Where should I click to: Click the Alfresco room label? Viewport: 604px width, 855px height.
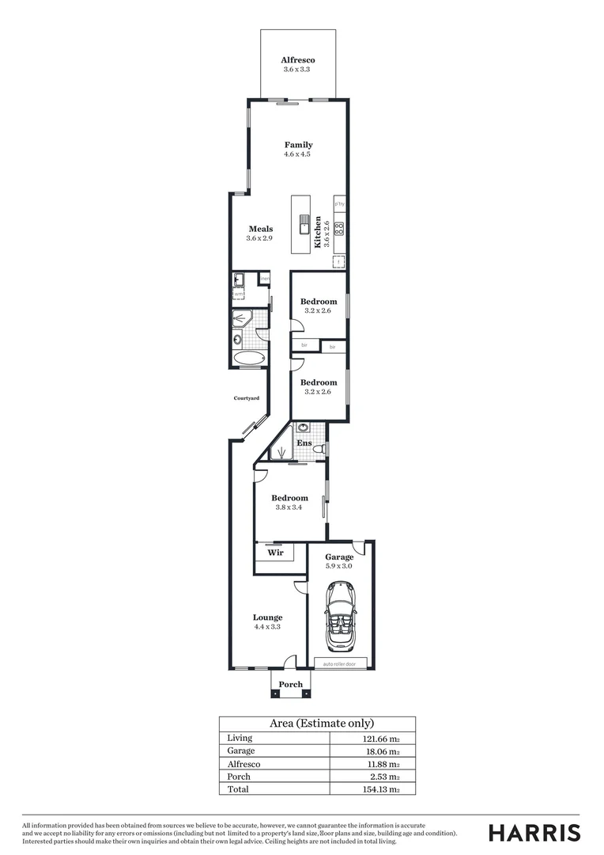pos(298,60)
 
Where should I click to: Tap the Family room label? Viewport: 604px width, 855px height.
pos(298,145)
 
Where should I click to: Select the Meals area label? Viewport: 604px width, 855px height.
pos(259,230)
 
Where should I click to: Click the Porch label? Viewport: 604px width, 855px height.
pos(291,685)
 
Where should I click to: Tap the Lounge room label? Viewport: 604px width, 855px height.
pos(267,617)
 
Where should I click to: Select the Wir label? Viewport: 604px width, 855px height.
pos(275,553)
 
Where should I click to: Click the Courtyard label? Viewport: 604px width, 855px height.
pos(246,398)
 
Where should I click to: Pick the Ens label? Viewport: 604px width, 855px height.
pos(304,443)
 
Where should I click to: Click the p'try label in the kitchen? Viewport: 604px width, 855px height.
pos(339,204)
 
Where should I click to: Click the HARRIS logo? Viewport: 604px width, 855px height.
pos(534,833)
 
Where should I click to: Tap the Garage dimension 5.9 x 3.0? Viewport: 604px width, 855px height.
pos(340,566)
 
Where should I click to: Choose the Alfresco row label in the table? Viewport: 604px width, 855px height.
pos(243,764)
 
